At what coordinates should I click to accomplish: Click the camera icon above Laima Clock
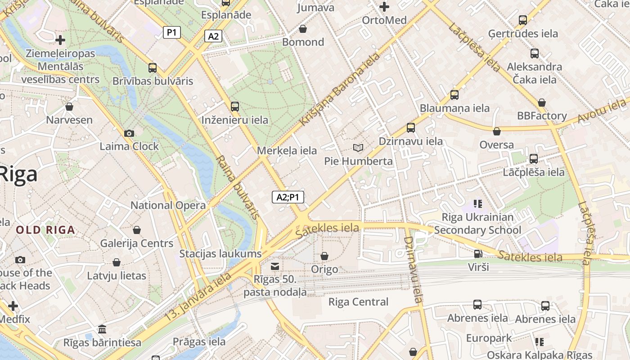tap(129, 133)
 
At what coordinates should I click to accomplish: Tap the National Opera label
tap(168, 205)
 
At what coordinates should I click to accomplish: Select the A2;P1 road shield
tap(288, 197)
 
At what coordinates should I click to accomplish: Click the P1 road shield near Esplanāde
tap(172, 32)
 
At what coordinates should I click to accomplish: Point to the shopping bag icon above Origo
tap(324, 256)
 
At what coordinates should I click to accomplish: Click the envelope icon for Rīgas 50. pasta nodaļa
tap(275, 266)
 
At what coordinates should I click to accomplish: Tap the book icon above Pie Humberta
tap(358, 148)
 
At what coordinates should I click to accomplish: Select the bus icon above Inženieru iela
tap(234, 107)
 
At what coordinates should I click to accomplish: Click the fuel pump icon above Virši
tap(478, 254)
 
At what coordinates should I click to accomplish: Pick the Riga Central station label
tap(358, 301)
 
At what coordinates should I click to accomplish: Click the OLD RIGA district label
tap(45, 230)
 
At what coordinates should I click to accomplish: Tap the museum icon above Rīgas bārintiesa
tap(102, 328)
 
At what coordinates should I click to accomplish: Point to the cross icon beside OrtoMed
tap(384, 7)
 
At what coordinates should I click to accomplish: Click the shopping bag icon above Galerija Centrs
tap(137, 230)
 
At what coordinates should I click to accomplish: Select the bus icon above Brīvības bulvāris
tap(153, 68)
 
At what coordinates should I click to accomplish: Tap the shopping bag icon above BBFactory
tap(542, 103)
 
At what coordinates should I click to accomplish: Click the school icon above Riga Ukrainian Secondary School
tap(478, 204)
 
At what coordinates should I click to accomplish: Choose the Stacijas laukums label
tap(220, 253)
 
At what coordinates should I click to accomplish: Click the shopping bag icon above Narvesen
tap(69, 107)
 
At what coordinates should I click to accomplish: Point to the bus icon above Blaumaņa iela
tap(454, 95)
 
